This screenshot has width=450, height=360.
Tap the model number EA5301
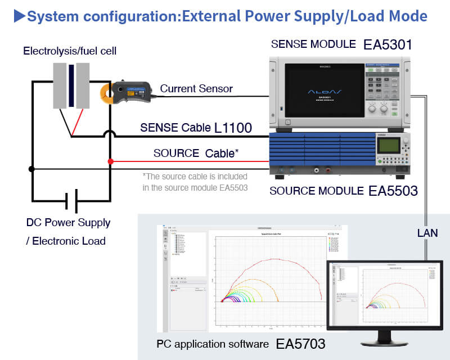[x=388, y=44]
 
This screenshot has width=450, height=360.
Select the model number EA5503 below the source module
[x=393, y=191]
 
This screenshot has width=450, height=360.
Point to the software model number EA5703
[x=300, y=344]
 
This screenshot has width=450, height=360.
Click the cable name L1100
[x=233, y=128]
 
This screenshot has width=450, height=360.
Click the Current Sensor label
[x=196, y=88]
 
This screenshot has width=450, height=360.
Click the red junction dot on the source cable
[x=110, y=161]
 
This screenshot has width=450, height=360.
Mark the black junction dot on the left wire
[x=31, y=168]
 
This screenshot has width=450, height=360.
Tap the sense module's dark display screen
[x=325, y=91]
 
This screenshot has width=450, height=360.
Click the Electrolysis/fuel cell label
[x=70, y=51]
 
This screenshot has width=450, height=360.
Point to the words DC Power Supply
[x=68, y=222]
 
